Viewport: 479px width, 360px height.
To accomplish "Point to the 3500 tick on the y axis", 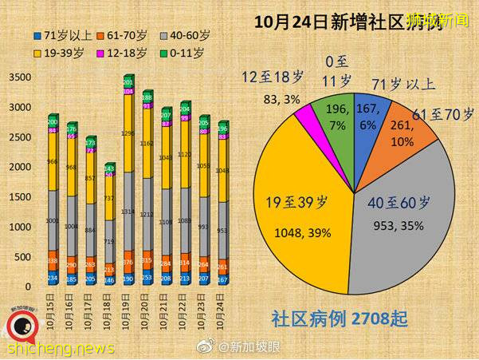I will click(x=21, y=77).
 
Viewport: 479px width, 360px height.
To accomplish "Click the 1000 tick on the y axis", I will click(x=21, y=227).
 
